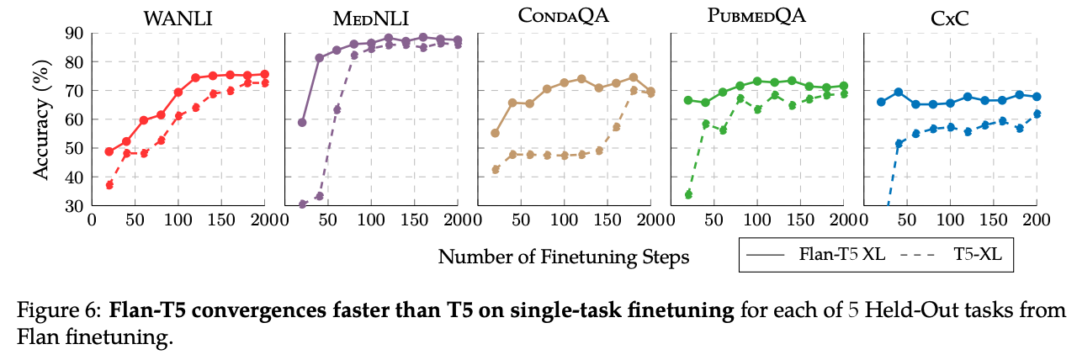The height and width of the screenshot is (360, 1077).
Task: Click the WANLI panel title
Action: (x=178, y=19)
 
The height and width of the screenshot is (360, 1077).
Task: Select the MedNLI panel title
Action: (x=371, y=19)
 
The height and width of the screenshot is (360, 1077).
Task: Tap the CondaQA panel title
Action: (x=564, y=16)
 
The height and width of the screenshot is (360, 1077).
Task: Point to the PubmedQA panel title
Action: (x=756, y=16)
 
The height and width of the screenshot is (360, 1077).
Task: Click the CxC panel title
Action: (x=950, y=19)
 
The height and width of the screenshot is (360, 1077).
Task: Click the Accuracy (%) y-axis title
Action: (x=42, y=119)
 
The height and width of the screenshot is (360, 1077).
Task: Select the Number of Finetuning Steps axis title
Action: (x=564, y=257)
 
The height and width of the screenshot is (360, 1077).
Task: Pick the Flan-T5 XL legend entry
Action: (x=816, y=254)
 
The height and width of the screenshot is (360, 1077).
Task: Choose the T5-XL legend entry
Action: (x=952, y=254)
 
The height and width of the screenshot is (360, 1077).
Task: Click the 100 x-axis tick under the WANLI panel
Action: (x=178, y=220)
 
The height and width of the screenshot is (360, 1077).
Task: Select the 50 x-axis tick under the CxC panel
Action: (x=907, y=220)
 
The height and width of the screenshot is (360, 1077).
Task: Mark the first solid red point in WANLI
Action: (x=109, y=151)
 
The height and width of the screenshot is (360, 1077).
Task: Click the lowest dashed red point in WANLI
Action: (x=109, y=184)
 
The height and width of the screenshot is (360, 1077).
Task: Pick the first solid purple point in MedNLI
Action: (x=302, y=123)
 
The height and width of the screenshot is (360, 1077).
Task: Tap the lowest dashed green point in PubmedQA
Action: (x=688, y=194)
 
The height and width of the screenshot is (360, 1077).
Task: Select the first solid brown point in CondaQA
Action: (x=495, y=133)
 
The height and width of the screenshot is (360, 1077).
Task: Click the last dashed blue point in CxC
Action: (x=1037, y=114)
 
